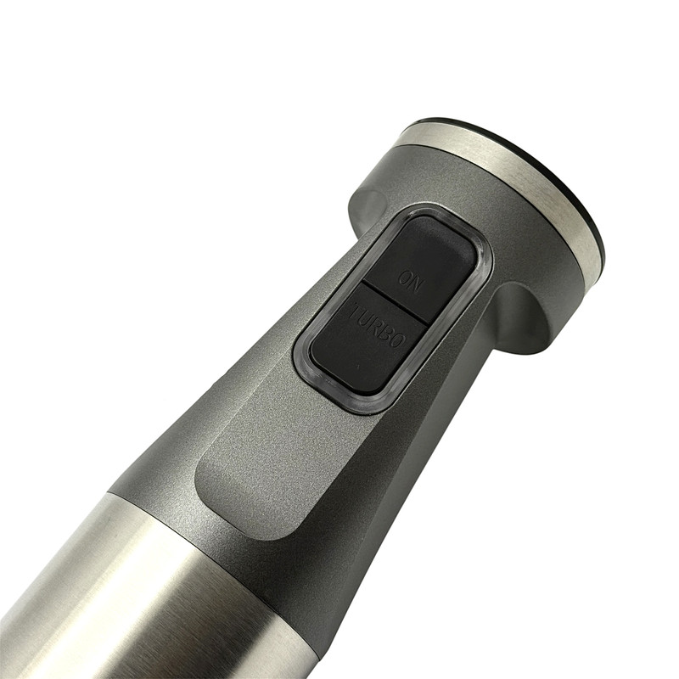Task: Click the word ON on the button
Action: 409,282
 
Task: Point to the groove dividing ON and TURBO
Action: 394,303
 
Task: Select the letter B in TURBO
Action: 387,333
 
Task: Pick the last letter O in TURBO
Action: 399,340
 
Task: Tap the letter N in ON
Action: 414,286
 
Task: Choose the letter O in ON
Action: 404,278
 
